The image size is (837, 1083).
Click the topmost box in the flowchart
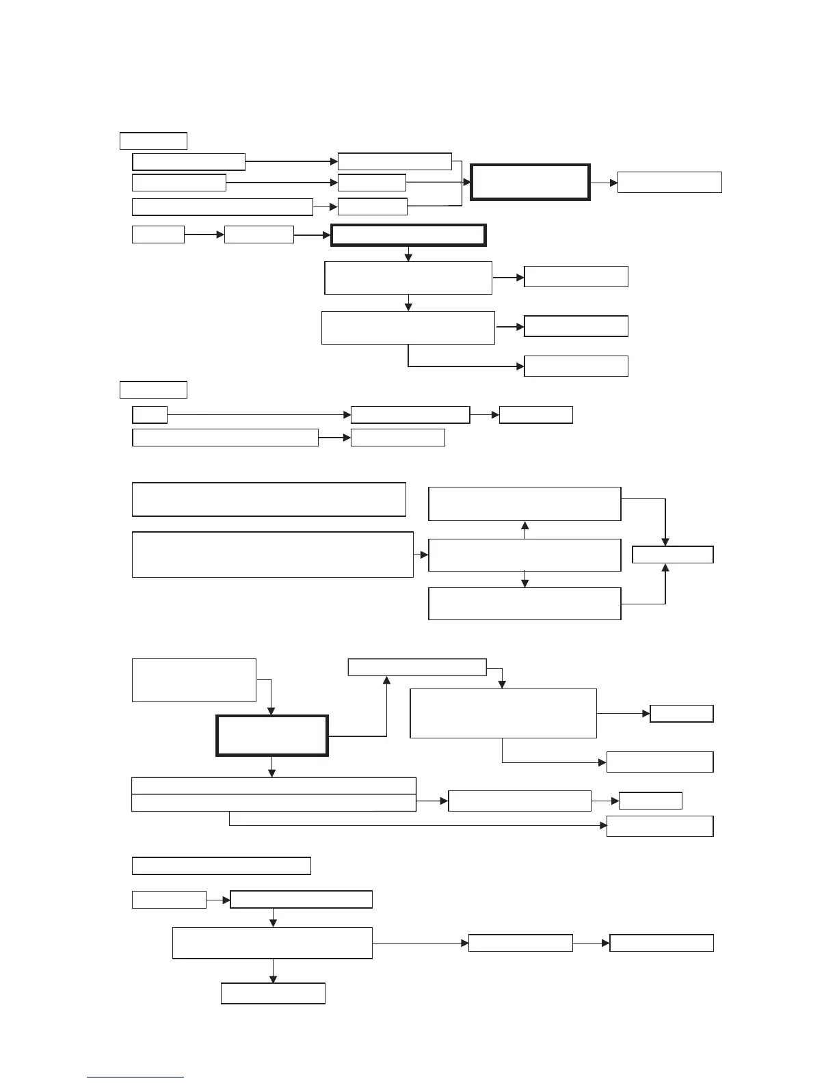(153, 141)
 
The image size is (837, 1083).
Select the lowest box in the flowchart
(273, 993)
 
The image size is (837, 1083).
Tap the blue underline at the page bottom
(135, 1078)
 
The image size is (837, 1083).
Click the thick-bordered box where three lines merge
(530, 182)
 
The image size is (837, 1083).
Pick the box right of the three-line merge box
(669, 182)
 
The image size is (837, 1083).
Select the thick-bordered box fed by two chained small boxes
(408, 235)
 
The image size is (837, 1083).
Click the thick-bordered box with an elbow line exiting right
(272, 736)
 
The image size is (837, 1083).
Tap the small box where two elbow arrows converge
(673, 554)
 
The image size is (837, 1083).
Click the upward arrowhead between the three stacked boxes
(524, 526)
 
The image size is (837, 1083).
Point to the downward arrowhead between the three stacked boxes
(524, 583)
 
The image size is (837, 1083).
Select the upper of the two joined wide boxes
(274, 786)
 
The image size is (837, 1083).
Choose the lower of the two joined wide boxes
(274, 803)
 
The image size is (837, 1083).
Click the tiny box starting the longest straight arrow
(150, 414)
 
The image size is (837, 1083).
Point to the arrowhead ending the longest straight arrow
(347, 414)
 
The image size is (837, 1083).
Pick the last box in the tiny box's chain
(536, 414)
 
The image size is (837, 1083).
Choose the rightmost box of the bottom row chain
(661, 943)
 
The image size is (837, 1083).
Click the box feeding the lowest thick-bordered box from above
(194, 680)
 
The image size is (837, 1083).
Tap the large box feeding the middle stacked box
(272, 554)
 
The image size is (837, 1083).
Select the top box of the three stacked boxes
(524, 504)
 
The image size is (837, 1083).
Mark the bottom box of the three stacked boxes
(524, 604)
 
